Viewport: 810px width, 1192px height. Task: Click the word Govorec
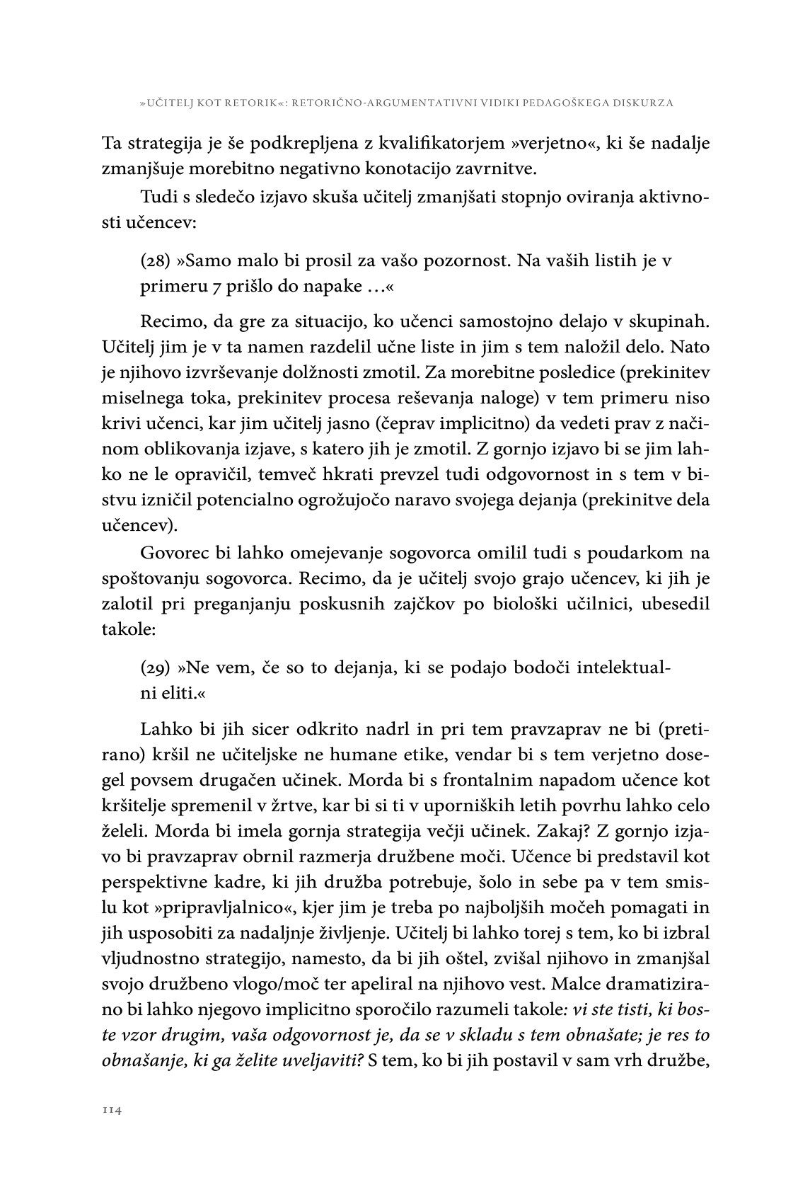[x=177, y=552]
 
